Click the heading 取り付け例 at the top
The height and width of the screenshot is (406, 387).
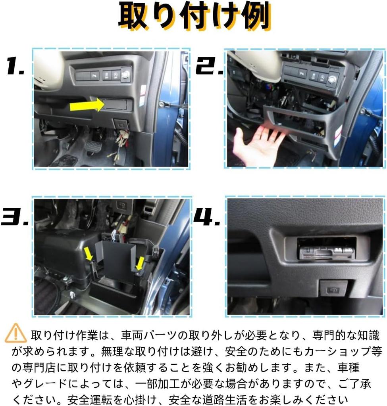(194, 18)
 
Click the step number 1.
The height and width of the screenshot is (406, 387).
(15, 67)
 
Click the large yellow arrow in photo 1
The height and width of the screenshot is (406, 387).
(87, 105)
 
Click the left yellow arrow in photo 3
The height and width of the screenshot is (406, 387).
(90, 254)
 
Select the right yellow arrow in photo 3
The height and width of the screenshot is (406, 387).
(140, 264)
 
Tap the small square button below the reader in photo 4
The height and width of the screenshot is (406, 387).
(333, 288)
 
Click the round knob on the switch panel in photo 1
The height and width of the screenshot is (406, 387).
(125, 74)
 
